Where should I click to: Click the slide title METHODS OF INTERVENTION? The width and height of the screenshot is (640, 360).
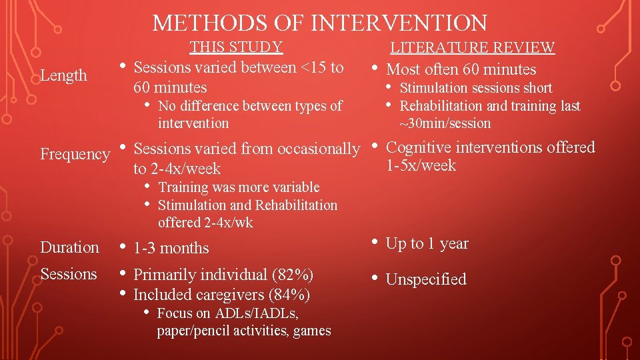click(320, 23)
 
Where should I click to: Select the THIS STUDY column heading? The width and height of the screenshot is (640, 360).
click(236, 47)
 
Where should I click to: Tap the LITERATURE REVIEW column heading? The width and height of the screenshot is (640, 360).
click(472, 47)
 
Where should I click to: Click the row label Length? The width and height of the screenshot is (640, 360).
click(64, 75)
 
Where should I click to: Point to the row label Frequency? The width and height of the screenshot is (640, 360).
click(75, 154)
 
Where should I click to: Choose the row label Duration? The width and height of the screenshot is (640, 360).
click(69, 247)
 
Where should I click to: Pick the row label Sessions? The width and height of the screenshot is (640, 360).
click(69, 274)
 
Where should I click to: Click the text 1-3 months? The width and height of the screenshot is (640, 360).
click(171, 248)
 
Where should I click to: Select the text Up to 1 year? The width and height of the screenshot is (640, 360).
click(427, 244)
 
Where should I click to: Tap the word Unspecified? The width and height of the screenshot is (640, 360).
click(426, 279)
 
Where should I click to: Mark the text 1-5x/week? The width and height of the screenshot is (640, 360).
click(421, 165)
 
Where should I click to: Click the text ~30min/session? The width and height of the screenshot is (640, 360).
click(445, 123)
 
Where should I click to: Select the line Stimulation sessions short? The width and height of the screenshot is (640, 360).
click(475, 88)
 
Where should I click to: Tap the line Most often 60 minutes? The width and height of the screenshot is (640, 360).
click(461, 69)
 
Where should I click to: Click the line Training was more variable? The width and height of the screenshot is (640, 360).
click(239, 187)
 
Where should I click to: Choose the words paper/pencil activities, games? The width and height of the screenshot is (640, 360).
click(244, 331)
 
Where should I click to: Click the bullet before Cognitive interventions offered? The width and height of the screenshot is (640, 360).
click(376, 147)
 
